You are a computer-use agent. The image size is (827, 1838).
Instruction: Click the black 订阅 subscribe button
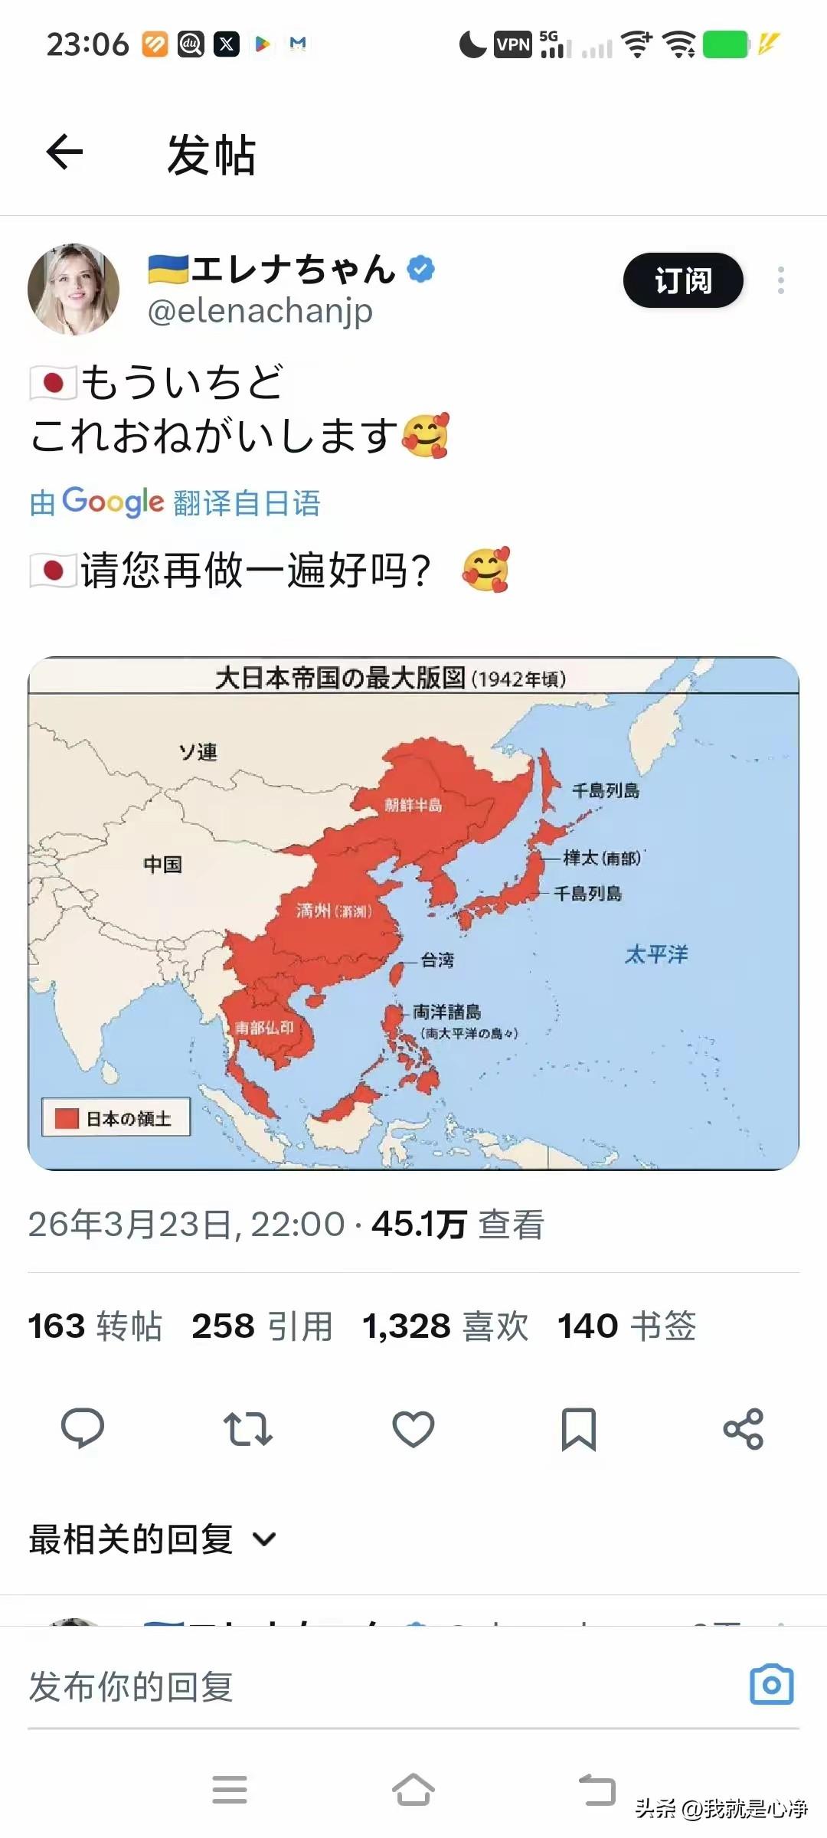pos(683,280)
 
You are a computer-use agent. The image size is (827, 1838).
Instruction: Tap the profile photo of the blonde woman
pos(74,289)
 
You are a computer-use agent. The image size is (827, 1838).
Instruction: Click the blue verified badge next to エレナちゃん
pos(420,269)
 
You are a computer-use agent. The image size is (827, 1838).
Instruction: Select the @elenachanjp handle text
pos(260,311)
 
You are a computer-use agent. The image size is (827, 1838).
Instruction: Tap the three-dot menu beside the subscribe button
pos(780,280)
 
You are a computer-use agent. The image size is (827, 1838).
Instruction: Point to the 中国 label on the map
pos(162,864)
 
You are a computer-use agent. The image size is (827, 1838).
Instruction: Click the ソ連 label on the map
pos(198,751)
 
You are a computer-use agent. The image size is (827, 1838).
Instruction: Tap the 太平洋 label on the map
pos(656,954)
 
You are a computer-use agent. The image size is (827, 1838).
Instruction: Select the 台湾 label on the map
pos(437,960)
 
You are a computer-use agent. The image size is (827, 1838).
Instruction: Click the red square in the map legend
pos(67,1119)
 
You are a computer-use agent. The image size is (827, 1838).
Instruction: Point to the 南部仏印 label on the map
pos(264,1027)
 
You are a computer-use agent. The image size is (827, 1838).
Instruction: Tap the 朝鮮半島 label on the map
pos(413,804)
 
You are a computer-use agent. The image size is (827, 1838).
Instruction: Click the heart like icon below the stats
pos(413,1429)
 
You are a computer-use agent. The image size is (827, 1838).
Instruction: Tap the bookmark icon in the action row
pos(578,1429)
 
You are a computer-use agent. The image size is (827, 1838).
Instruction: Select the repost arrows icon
pos(247,1429)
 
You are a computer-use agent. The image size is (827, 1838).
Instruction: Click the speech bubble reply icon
pos(83,1429)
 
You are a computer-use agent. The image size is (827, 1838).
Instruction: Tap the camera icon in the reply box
pos(771,1685)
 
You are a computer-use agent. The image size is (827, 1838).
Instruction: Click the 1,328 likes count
pos(407,1326)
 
